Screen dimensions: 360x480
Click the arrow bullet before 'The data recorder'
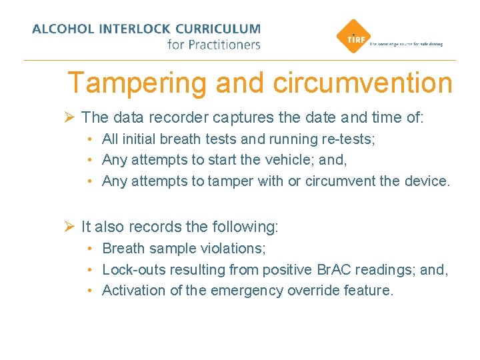[69, 117]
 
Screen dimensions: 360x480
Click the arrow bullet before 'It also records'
[69, 227]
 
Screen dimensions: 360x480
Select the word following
[243, 227]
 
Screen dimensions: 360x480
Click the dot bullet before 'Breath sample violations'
[89, 249]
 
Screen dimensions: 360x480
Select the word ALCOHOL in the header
[63, 29]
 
